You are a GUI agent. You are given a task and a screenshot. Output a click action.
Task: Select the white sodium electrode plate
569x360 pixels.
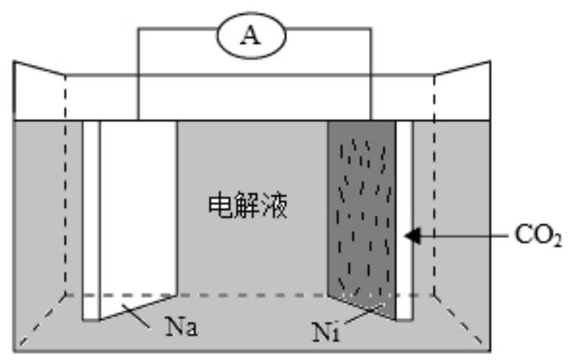[x=139, y=215]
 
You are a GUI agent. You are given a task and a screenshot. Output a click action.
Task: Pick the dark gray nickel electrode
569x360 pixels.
[x=361, y=215]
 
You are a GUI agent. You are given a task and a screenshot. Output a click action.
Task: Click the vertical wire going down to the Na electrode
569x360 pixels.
[x=138, y=74]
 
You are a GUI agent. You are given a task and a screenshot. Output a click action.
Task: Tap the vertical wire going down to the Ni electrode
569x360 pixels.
[x=370, y=74]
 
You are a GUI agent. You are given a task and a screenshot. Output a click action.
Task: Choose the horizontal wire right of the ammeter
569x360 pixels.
[x=330, y=30]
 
